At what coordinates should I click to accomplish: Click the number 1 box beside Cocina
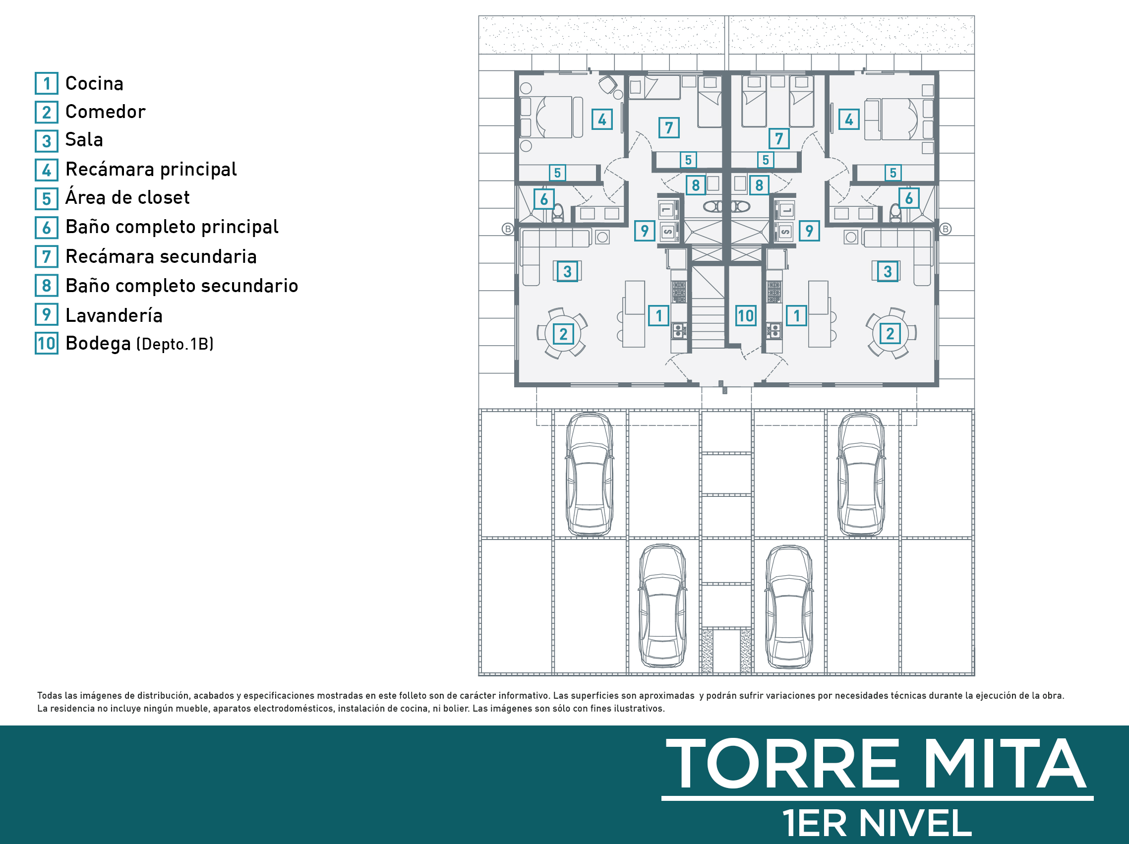click(x=47, y=83)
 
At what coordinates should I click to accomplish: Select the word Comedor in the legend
click(x=106, y=111)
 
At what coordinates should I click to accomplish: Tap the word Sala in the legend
click(x=84, y=139)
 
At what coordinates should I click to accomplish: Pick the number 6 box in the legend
click(x=47, y=227)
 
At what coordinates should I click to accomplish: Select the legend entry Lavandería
click(x=114, y=315)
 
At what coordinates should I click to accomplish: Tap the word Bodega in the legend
click(x=98, y=344)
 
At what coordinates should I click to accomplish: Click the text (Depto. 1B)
click(x=175, y=344)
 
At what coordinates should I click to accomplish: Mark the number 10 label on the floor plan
click(x=745, y=315)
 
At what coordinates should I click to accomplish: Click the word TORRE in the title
click(x=782, y=764)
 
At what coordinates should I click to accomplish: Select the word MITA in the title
click(x=1005, y=764)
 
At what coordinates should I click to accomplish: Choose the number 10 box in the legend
click(x=47, y=343)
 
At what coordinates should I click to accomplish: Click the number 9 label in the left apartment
click(x=645, y=231)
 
